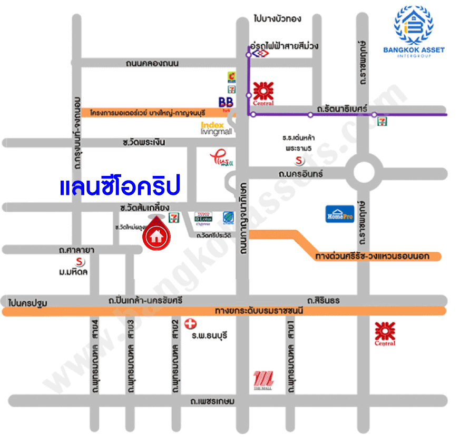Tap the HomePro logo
tap(340, 214)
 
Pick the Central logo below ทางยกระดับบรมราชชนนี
tap(385, 333)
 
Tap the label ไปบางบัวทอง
tap(277, 18)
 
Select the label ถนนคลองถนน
tap(152, 63)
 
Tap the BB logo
tap(225, 101)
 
